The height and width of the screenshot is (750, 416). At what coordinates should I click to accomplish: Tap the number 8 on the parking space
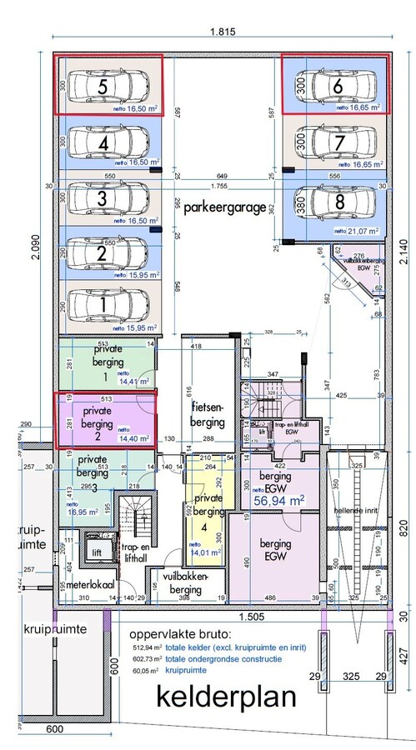pos(339,201)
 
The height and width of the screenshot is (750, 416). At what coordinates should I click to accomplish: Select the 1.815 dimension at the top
pos(219,32)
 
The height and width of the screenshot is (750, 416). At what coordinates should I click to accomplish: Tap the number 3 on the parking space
pos(101,198)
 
